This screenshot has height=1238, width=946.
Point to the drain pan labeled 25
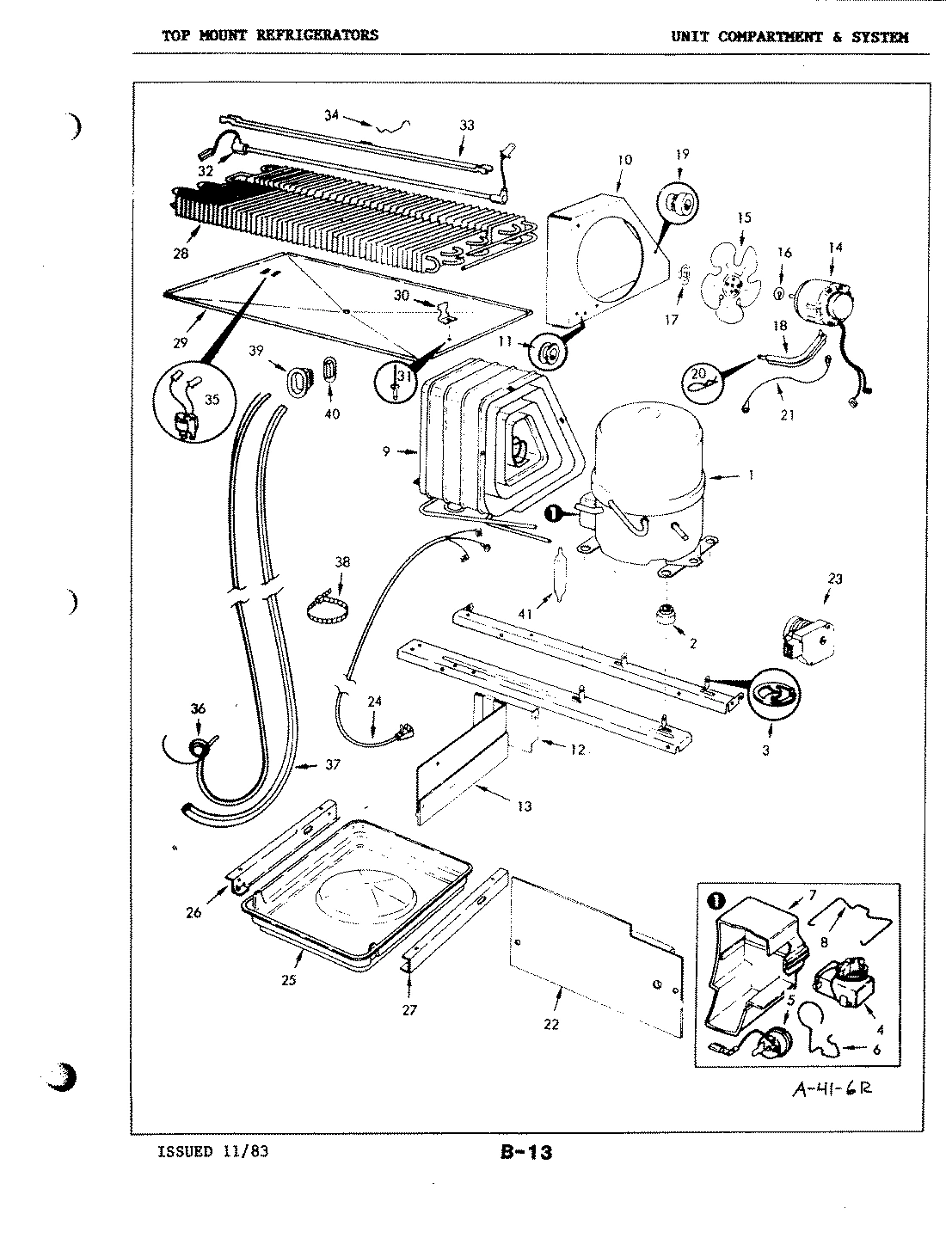[357, 894]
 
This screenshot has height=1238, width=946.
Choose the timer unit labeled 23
[805, 637]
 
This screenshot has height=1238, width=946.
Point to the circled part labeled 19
[679, 205]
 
